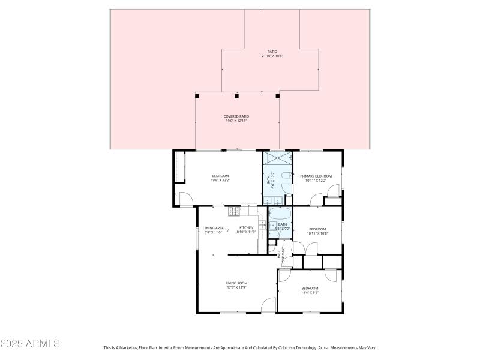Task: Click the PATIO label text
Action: click(272, 52)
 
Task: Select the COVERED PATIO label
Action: click(236, 116)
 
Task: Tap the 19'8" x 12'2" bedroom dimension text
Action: click(220, 180)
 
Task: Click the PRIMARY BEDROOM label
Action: click(316, 176)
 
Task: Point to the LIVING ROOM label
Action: click(236, 283)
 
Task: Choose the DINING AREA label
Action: click(213, 228)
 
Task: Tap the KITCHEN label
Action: click(247, 228)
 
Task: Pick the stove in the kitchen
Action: click(234, 211)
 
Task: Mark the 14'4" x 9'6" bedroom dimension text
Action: click(310, 293)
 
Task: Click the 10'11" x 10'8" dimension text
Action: click(317, 233)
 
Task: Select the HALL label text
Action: click(279, 254)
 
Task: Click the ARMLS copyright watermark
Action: click(30, 344)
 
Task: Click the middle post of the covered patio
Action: click(237, 95)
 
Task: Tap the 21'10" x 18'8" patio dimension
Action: click(272, 56)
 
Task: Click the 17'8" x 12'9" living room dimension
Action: click(236, 287)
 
